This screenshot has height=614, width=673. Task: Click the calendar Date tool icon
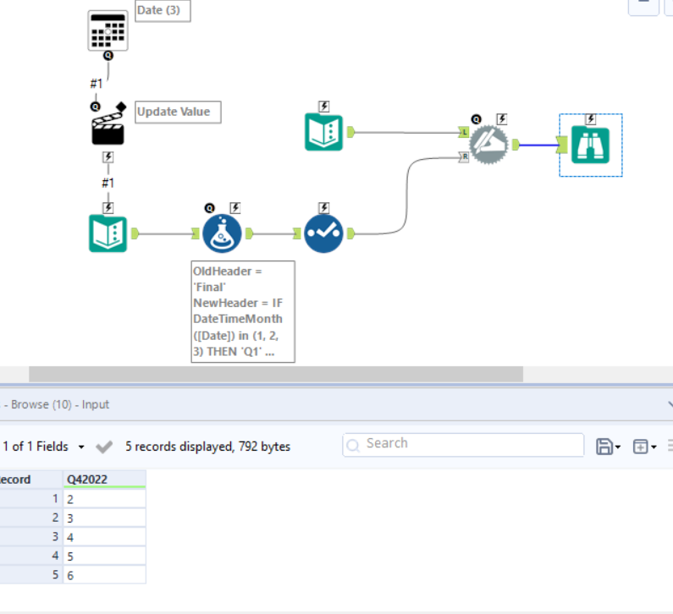pos(108,30)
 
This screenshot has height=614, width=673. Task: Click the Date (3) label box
pos(162,11)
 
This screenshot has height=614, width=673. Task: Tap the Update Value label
pos(178,112)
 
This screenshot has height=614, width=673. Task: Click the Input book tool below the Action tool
pos(108,233)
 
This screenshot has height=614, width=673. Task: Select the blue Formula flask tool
pos(222,233)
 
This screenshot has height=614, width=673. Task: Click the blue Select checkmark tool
pos(323,233)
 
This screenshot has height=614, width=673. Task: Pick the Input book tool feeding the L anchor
pos(323,132)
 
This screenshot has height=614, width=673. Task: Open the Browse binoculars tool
pos(591,145)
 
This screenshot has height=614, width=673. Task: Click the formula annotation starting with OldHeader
pos(244,311)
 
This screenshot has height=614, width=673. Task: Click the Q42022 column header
pos(104,480)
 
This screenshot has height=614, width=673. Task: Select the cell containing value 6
pos(104,575)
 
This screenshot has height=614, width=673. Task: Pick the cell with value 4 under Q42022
pos(104,536)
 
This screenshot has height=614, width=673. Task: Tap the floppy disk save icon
pos(604,447)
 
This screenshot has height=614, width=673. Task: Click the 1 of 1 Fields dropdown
pos(44,447)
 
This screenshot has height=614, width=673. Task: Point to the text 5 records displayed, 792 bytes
pos(207,447)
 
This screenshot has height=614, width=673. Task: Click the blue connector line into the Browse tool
pos(537,145)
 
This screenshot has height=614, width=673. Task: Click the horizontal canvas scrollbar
pos(275,374)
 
